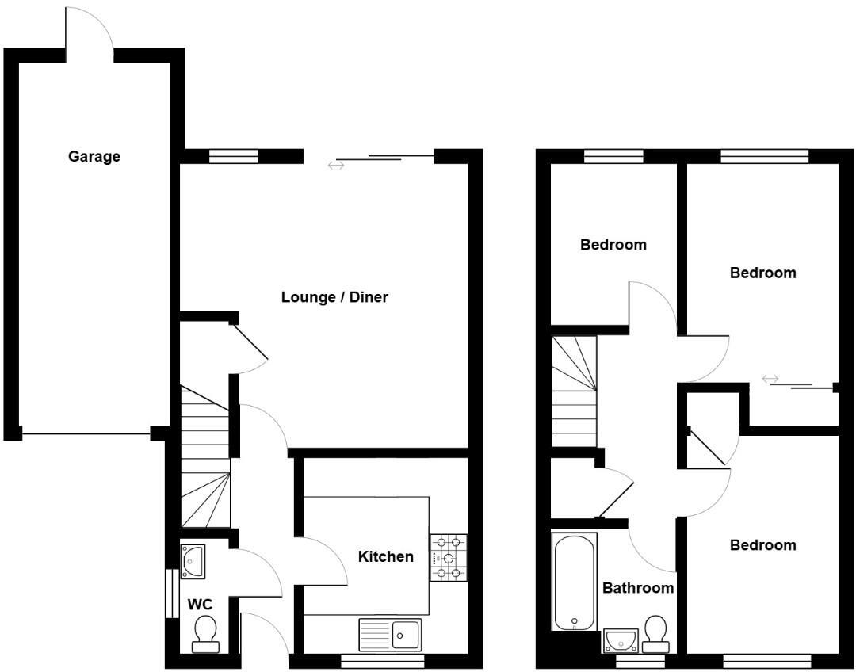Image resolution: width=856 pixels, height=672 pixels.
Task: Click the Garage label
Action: [x=94, y=156]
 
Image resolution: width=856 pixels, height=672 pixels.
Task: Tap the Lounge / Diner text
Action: [x=334, y=297]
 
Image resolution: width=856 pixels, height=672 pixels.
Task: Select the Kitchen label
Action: [x=385, y=556]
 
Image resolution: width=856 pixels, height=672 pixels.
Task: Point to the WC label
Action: [x=200, y=605]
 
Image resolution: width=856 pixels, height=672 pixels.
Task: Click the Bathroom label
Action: [x=638, y=587]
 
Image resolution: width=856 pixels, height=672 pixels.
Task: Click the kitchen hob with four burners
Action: [x=447, y=558]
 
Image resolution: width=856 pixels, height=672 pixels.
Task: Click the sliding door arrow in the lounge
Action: [x=336, y=165]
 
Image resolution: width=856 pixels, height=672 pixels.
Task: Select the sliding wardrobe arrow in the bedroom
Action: [x=770, y=379]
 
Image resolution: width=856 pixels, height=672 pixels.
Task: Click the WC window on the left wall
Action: [x=170, y=593]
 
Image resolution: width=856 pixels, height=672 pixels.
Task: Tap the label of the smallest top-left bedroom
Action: [x=613, y=244]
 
